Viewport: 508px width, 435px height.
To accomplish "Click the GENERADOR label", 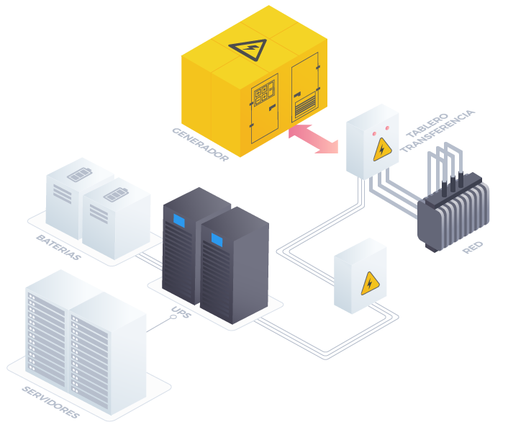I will [200, 144].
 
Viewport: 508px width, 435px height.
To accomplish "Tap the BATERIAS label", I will [58, 247].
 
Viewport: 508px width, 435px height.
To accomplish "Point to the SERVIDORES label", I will [50, 402].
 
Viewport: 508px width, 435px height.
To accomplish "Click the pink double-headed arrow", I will [313, 138].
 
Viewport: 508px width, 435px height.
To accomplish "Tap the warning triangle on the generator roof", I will [248, 49].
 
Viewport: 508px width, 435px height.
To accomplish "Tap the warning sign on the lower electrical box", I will [370, 284].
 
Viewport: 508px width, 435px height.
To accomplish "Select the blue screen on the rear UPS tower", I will [178, 220].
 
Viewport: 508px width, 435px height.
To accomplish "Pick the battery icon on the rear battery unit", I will [78, 175].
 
